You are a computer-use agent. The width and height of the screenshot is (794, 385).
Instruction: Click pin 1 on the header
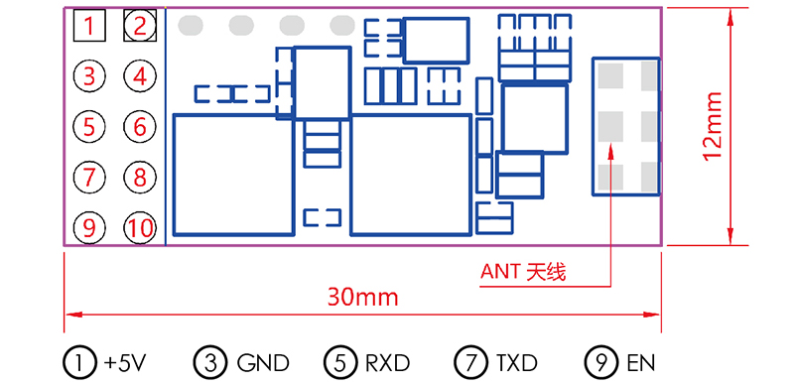tap(89, 26)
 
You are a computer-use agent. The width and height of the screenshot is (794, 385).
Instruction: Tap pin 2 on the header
tap(140, 26)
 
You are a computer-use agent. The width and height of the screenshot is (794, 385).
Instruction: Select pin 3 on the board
tap(89, 75)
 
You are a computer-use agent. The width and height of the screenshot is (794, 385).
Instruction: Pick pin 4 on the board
tap(140, 75)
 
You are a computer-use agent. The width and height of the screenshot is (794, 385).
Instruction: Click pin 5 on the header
tap(89, 126)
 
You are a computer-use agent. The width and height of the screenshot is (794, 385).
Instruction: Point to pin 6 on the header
tap(140, 126)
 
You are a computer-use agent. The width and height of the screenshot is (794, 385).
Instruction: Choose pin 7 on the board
tap(89, 177)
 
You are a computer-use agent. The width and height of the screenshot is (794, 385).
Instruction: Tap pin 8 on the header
tap(140, 177)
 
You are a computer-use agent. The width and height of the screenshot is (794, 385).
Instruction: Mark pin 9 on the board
tap(89, 227)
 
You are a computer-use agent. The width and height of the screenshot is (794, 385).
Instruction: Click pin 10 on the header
tap(140, 227)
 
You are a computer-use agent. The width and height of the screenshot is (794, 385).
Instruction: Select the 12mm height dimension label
tap(712, 126)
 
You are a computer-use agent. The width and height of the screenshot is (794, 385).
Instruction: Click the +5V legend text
tap(124, 362)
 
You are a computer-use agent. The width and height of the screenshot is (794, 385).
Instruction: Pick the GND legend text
tap(262, 362)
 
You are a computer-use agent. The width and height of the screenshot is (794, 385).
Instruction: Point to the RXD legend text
tap(385, 362)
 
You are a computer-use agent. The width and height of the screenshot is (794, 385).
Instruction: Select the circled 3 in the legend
tap(210, 362)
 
